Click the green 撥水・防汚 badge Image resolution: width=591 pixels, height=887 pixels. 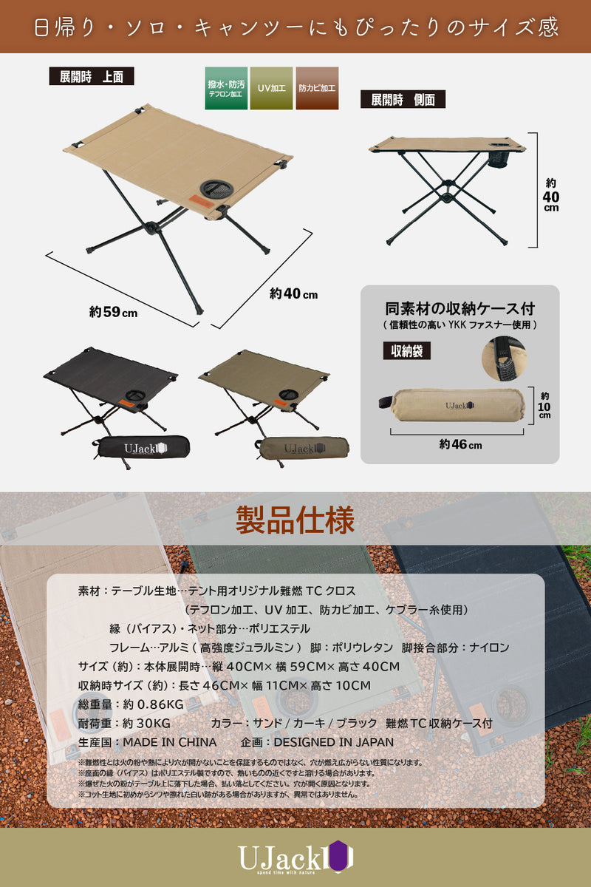226,89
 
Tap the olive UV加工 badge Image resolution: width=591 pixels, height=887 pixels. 271,89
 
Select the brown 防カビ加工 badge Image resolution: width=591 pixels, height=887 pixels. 317,89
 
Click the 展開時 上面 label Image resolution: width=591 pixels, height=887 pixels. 92,76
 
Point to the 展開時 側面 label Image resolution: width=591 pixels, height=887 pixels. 403,99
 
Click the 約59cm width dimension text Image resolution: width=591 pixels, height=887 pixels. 113,312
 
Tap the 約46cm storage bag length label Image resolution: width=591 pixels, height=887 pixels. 460,444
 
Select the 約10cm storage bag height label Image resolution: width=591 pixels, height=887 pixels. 544,405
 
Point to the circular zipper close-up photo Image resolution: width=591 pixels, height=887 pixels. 505,358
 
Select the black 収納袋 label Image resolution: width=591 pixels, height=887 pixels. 406,350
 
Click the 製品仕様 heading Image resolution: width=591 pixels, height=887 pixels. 295,520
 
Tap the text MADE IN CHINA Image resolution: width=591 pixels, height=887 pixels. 169,741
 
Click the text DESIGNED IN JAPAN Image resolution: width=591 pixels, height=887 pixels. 334,741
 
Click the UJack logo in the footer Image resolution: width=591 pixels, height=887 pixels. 295,857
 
